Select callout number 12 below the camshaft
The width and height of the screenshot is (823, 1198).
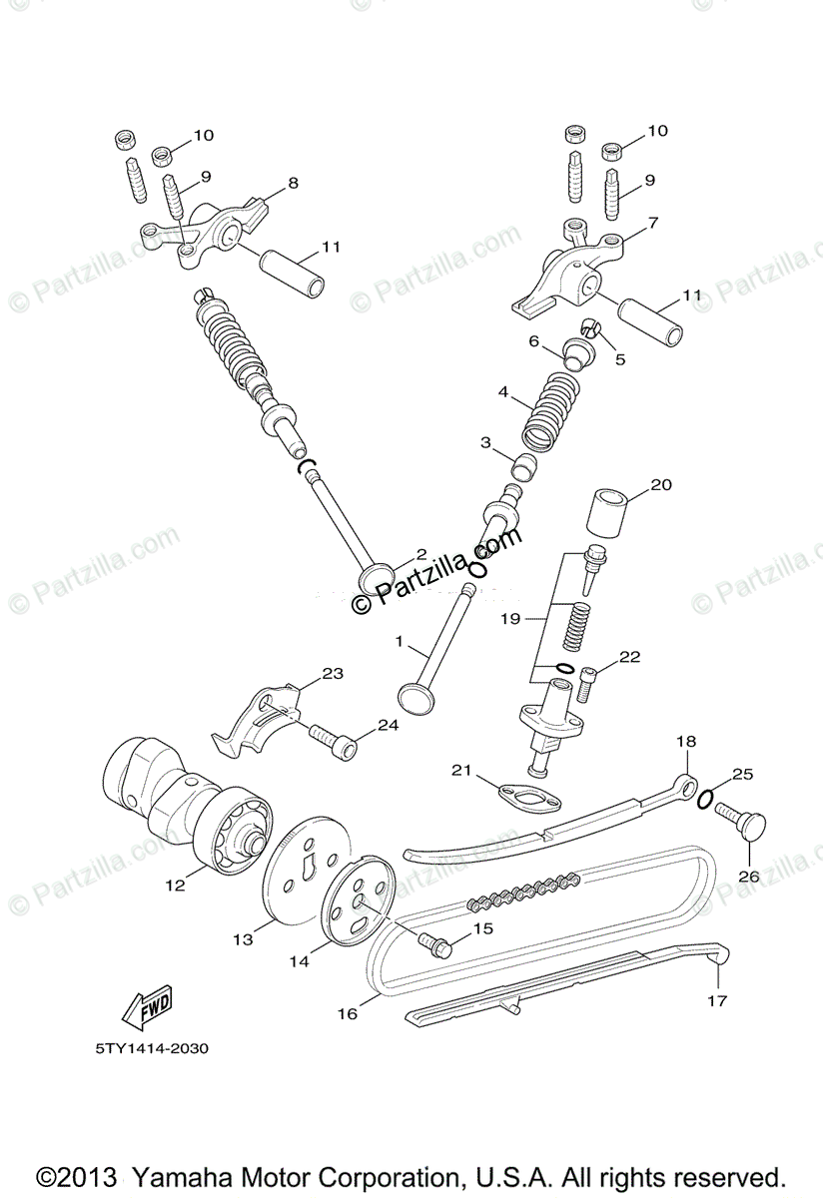coord(176,885)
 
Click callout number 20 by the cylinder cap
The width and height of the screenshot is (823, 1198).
coord(661,485)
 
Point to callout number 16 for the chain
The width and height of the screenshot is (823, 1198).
coord(347,1013)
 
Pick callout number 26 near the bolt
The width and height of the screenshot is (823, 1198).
coord(748,877)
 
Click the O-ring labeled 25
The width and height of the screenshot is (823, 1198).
coord(705,798)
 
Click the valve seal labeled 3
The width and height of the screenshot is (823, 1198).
coord(524,464)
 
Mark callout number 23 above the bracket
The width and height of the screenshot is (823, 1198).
coord(333,674)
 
